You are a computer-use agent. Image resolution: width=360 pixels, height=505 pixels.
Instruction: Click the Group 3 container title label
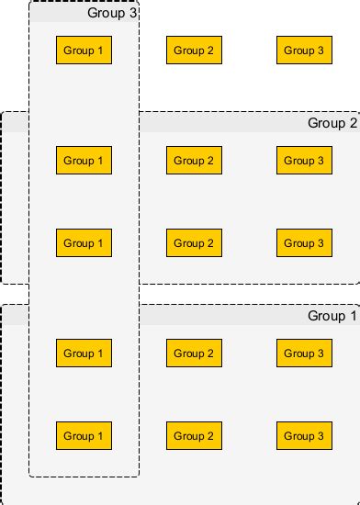click(112, 13)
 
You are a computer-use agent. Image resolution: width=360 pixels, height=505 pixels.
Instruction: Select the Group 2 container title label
click(332, 123)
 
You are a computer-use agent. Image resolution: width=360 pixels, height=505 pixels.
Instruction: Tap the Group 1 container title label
click(332, 316)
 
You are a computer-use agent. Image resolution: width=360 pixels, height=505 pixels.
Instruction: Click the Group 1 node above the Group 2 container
click(84, 50)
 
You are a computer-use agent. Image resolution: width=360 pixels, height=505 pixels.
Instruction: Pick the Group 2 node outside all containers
click(194, 50)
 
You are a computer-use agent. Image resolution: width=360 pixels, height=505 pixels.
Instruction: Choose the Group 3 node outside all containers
click(304, 50)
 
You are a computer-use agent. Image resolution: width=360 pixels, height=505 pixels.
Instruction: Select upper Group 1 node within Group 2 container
click(84, 161)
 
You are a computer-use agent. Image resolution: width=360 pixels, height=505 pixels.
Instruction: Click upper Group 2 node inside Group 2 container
click(194, 161)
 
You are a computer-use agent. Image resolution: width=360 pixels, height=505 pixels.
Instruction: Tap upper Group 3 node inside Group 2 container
click(304, 161)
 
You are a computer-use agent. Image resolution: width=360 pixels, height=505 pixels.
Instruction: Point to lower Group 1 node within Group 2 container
click(84, 243)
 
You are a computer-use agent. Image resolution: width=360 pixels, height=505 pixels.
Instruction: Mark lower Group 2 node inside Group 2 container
click(194, 243)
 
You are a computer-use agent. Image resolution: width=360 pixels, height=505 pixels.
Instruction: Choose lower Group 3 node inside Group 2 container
click(304, 243)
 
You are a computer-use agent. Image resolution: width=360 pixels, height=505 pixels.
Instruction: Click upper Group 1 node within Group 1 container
click(84, 353)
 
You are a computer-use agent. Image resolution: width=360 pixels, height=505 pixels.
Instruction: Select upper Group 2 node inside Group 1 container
click(194, 353)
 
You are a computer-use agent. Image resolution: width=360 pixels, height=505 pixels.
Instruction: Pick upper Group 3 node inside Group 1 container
click(304, 353)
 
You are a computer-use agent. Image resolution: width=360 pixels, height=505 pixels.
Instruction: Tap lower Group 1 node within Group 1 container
click(84, 436)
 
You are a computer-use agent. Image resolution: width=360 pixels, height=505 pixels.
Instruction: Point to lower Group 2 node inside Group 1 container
click(194, 436)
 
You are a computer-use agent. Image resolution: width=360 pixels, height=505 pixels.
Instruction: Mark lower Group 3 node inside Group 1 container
click(304, 436)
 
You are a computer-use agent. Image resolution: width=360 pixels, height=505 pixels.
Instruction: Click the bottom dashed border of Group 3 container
click(84, 477)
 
